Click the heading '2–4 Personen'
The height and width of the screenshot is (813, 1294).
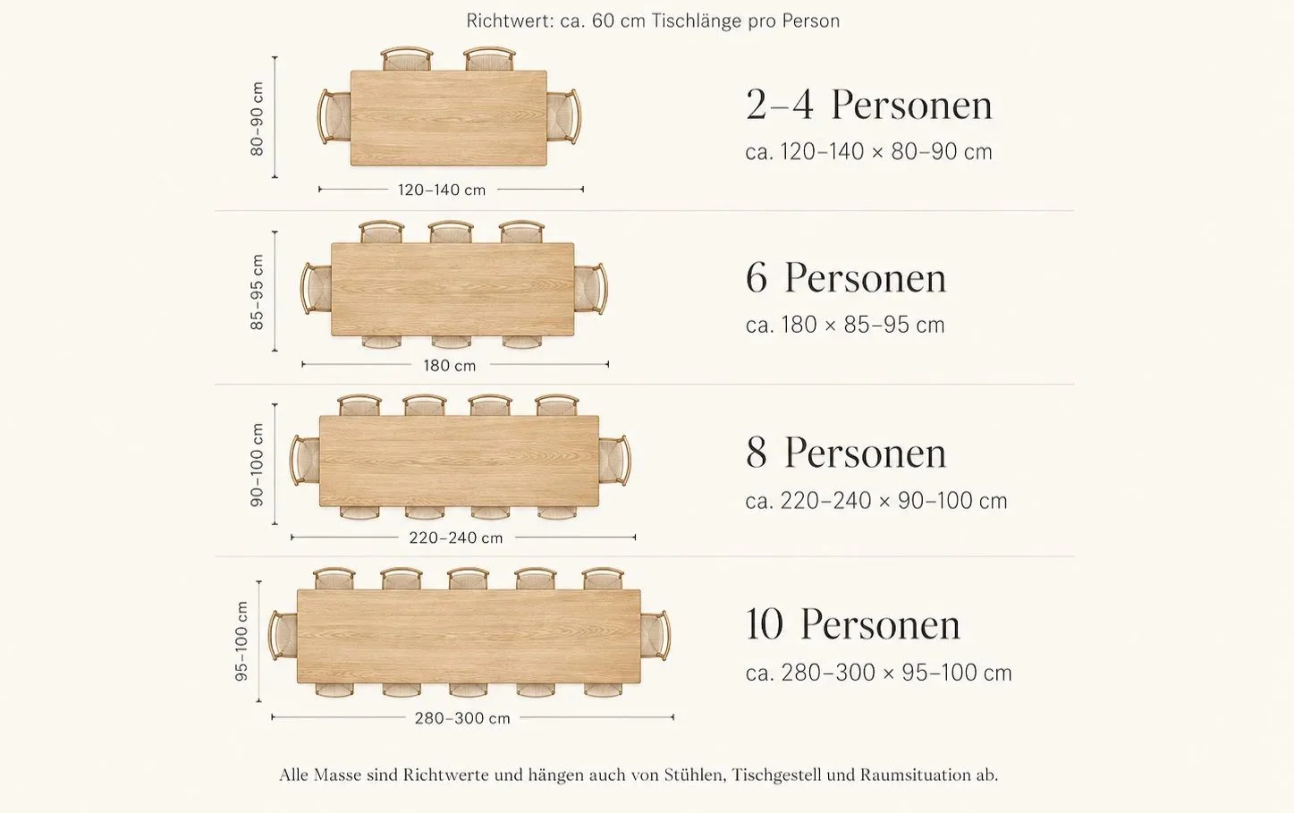[x=869, y=106]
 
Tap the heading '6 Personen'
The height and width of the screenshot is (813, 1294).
[x=846, y=278]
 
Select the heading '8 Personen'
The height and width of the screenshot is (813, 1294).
[x=846, y=453]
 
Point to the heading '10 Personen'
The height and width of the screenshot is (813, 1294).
[x=852, y=624]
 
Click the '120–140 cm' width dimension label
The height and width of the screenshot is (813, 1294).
[x=442, y=191]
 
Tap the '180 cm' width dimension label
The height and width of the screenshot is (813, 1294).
[x=450, y=366]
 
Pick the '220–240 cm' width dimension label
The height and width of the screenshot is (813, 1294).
[x=456, y=538]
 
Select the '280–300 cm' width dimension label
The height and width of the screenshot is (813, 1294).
[x=462, y=718]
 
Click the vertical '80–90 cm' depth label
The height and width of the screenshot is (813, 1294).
[x=257, y=118]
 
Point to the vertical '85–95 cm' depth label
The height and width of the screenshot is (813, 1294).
[x=257, y=292]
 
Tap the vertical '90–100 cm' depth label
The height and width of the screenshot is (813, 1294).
[x=257, y=465]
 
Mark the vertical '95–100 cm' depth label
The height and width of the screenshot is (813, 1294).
[x=241, y=640]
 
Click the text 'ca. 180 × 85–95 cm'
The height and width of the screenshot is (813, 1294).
[x=845, y=326]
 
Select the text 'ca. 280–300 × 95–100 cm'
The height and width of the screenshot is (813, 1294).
[x=879, y=673]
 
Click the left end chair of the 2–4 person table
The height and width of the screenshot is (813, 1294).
[x=334, y=117]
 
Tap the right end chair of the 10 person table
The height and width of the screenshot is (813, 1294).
[x=655, y=636]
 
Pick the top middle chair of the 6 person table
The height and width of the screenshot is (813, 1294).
[x=452, y=233]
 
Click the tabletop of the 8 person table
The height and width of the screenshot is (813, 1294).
[x=460, y=462]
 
